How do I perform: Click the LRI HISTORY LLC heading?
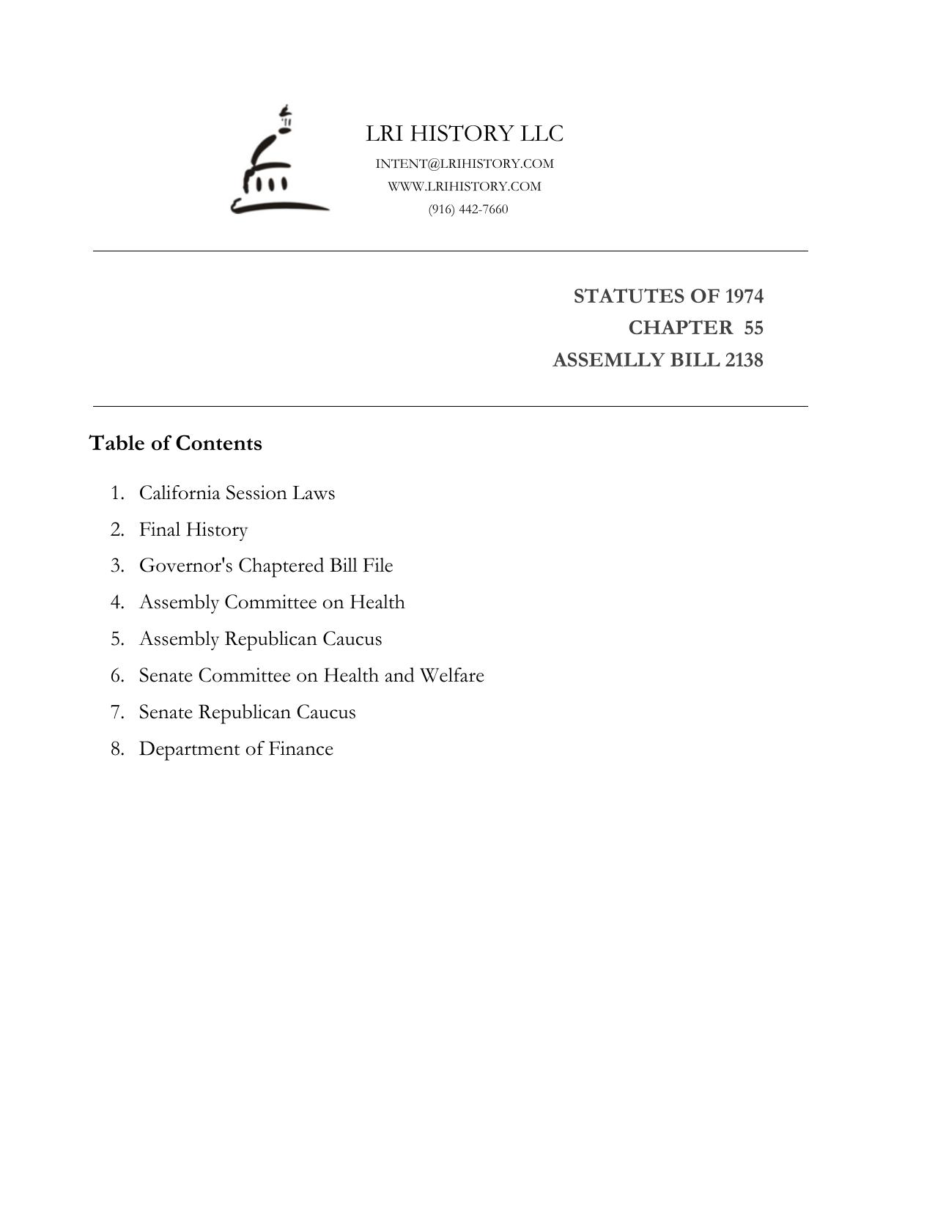pos(465,133)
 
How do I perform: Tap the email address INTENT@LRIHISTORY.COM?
pos(465,163)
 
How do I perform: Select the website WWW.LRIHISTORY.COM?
pos(465,186)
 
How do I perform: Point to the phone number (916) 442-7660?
pos(468,209)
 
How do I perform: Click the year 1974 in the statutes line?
pos(744,296)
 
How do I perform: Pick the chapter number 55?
pos(753,328)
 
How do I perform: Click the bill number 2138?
pos(744,360)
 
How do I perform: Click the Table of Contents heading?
pos(175,443)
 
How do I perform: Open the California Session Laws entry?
pos(237,493)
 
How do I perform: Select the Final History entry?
pos(193,529)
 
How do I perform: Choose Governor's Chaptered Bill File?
pos(266,566)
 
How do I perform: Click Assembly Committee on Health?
pos(272,602)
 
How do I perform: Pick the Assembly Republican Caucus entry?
pos(260,638)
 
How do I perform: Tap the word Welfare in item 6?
pos(451,675)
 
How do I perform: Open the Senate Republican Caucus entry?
pos(247,712)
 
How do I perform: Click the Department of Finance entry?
pos(236,748)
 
